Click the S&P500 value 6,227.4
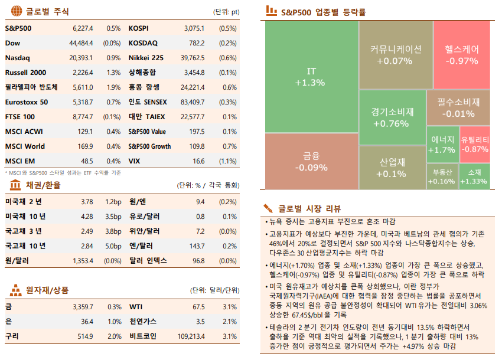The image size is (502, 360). pos(82,28)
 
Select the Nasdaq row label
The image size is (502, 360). pos(17,58)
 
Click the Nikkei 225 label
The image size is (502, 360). pos(146,58)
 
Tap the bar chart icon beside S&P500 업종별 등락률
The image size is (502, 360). pos(271,11)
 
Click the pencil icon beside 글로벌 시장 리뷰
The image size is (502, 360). pos(268,208)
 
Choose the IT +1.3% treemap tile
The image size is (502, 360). pos(311,77)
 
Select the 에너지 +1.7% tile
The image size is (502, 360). pos(442,145)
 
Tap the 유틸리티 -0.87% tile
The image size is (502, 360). pos(475,145)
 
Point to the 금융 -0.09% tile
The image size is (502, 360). pos(311,161)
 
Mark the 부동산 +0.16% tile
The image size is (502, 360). pos(442,176)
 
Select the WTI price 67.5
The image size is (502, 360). pos(198,307)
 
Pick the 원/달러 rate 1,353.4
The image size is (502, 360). pos(83,260)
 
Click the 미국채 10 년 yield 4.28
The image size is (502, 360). pos(86,217)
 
